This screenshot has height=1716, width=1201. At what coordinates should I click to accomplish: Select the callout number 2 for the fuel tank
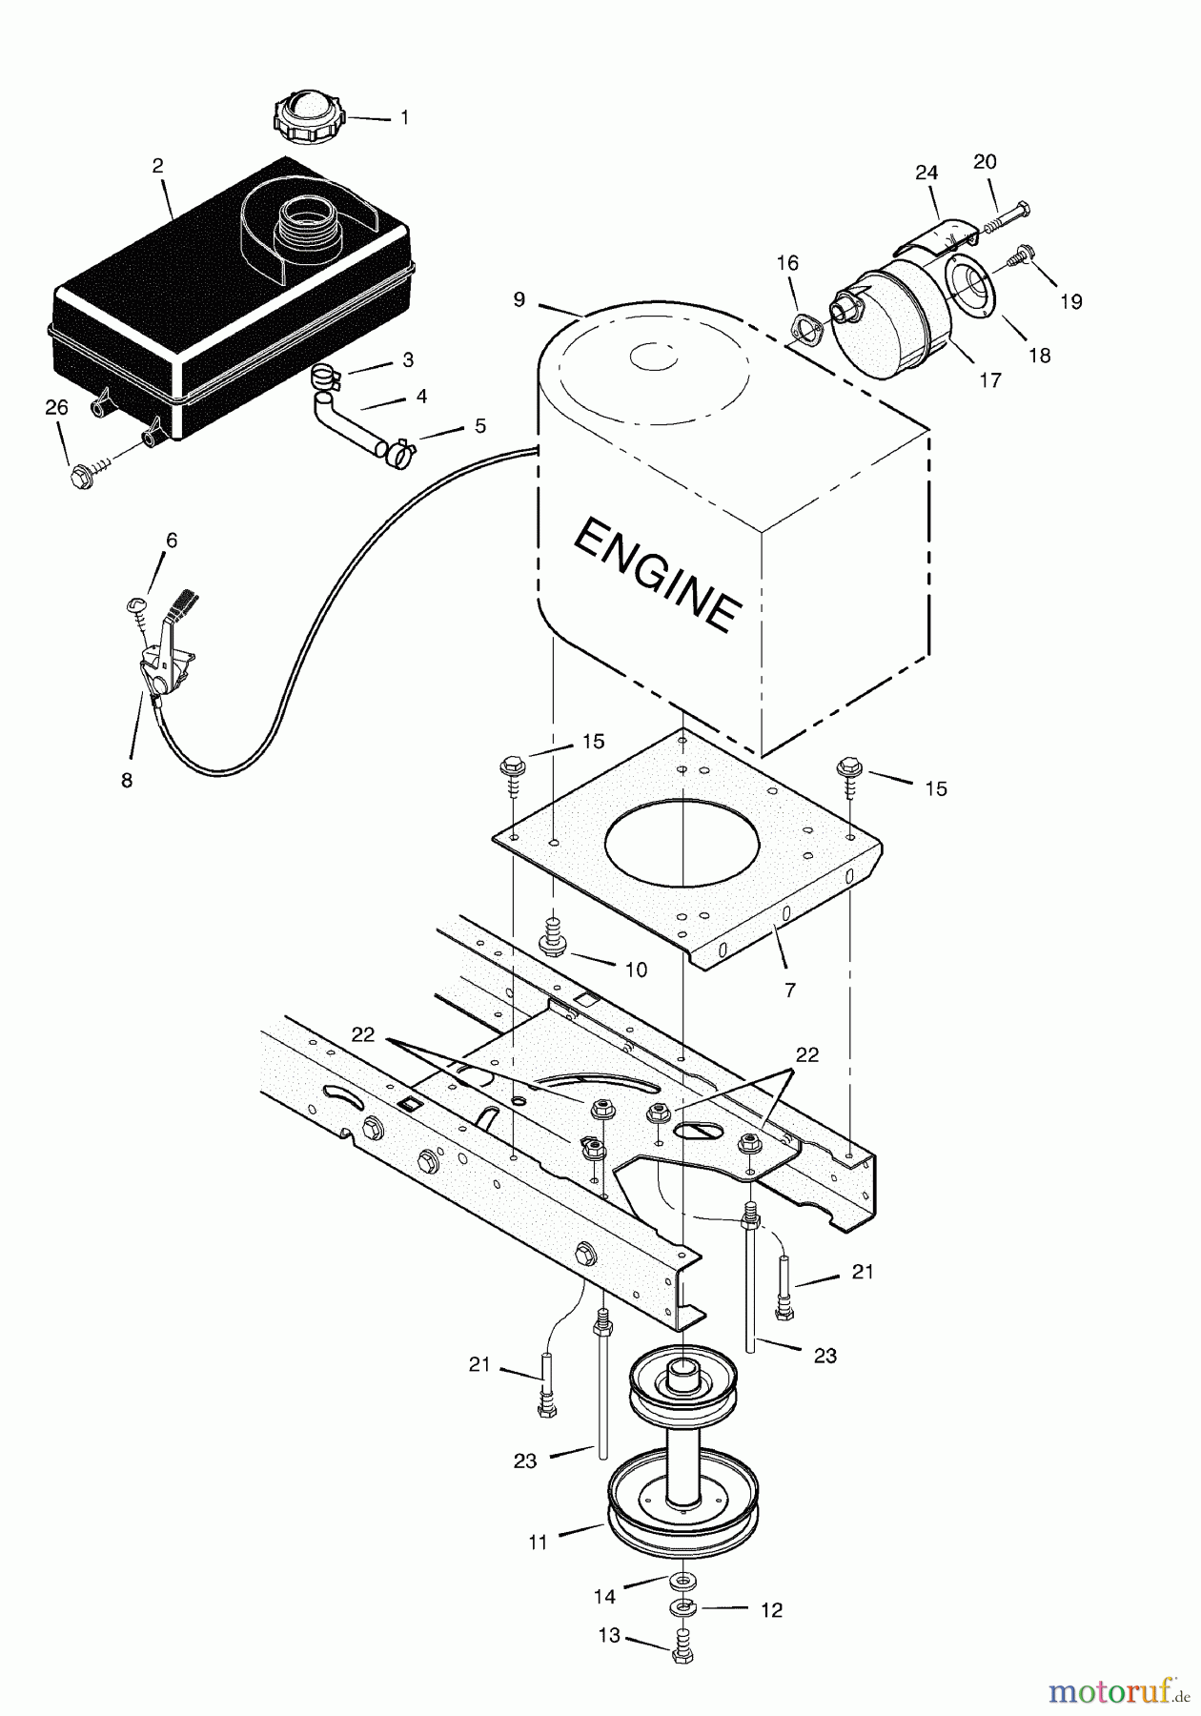point(157,166)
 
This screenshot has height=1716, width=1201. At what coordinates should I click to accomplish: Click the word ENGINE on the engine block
point(657,575)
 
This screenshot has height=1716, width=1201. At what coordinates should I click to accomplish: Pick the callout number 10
point(636,970)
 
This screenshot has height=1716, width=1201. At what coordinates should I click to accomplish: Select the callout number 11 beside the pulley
point(539,1542)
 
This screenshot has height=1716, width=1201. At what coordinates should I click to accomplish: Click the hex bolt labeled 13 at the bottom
point(681,1653)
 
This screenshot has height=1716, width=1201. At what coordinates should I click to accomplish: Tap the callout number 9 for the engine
point(519,299)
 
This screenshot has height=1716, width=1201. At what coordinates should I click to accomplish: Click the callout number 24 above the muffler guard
point(926,173)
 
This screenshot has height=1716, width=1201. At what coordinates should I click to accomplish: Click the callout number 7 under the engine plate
point(789,991)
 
